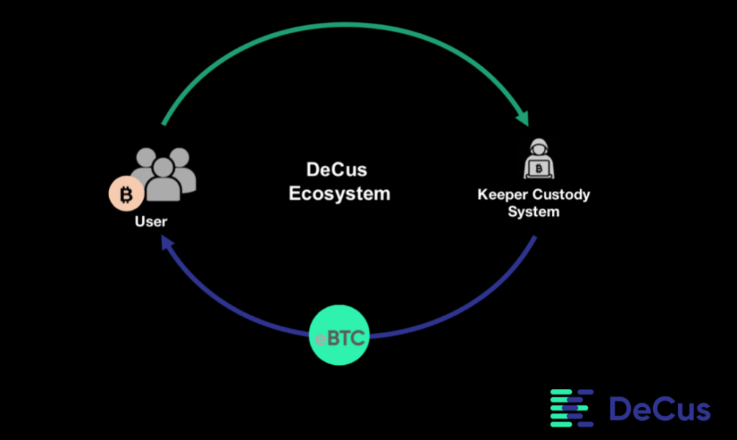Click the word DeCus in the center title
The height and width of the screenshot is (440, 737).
click(337, 170)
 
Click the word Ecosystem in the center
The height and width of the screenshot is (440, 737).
click(339, 194)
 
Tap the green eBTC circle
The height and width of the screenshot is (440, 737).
click(339, 335)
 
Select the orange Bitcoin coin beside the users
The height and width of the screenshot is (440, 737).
click(127, 194)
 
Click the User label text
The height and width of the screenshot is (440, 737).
click(151, 221)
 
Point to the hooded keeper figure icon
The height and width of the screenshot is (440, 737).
click(539, 158)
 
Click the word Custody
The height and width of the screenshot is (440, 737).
click(561, 194)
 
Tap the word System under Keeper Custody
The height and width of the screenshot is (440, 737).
click(534, 212)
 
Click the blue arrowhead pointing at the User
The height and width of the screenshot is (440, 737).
click(167, 242)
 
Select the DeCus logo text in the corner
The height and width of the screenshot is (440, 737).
click(660, 409)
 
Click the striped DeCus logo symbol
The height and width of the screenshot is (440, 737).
click(572, 408)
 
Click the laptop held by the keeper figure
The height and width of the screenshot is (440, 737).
click(539, 169)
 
